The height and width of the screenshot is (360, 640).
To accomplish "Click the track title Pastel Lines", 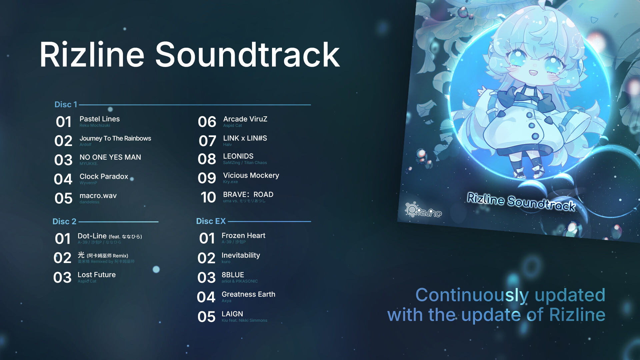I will [x=99, y=119].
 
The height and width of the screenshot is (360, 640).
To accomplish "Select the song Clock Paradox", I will [x=104, y=177].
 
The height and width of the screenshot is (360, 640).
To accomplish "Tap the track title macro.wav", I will [x=98, y=196].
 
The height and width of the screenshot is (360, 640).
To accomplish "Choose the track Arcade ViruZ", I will [x=245, y=119].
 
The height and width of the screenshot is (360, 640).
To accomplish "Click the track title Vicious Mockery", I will [x=251, y=175].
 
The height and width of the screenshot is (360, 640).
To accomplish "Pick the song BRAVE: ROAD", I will [x=248, y=194].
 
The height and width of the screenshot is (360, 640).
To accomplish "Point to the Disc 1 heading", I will [x=66, y=105].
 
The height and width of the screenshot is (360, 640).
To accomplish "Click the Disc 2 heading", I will [x=64, y=221].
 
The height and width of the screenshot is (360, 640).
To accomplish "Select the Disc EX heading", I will [x=211, y=221].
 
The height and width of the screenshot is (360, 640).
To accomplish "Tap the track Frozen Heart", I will [x=243, y=236].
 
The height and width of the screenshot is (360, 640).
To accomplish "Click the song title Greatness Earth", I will [x=248, y=294].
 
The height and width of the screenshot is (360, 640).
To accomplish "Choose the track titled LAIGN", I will [x=232, y=314].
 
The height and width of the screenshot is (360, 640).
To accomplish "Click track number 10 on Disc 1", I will [x=208, y=197].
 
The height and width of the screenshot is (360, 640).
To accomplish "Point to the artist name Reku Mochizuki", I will [x=95, y=126].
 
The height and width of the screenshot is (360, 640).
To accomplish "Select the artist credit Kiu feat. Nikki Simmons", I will [x=244, y=320].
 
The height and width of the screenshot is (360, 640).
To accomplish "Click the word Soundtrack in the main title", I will [x=247, y=55].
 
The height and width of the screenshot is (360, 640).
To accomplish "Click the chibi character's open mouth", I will [x=533, y=72].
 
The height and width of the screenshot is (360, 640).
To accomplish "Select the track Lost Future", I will [x=97, y=275].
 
